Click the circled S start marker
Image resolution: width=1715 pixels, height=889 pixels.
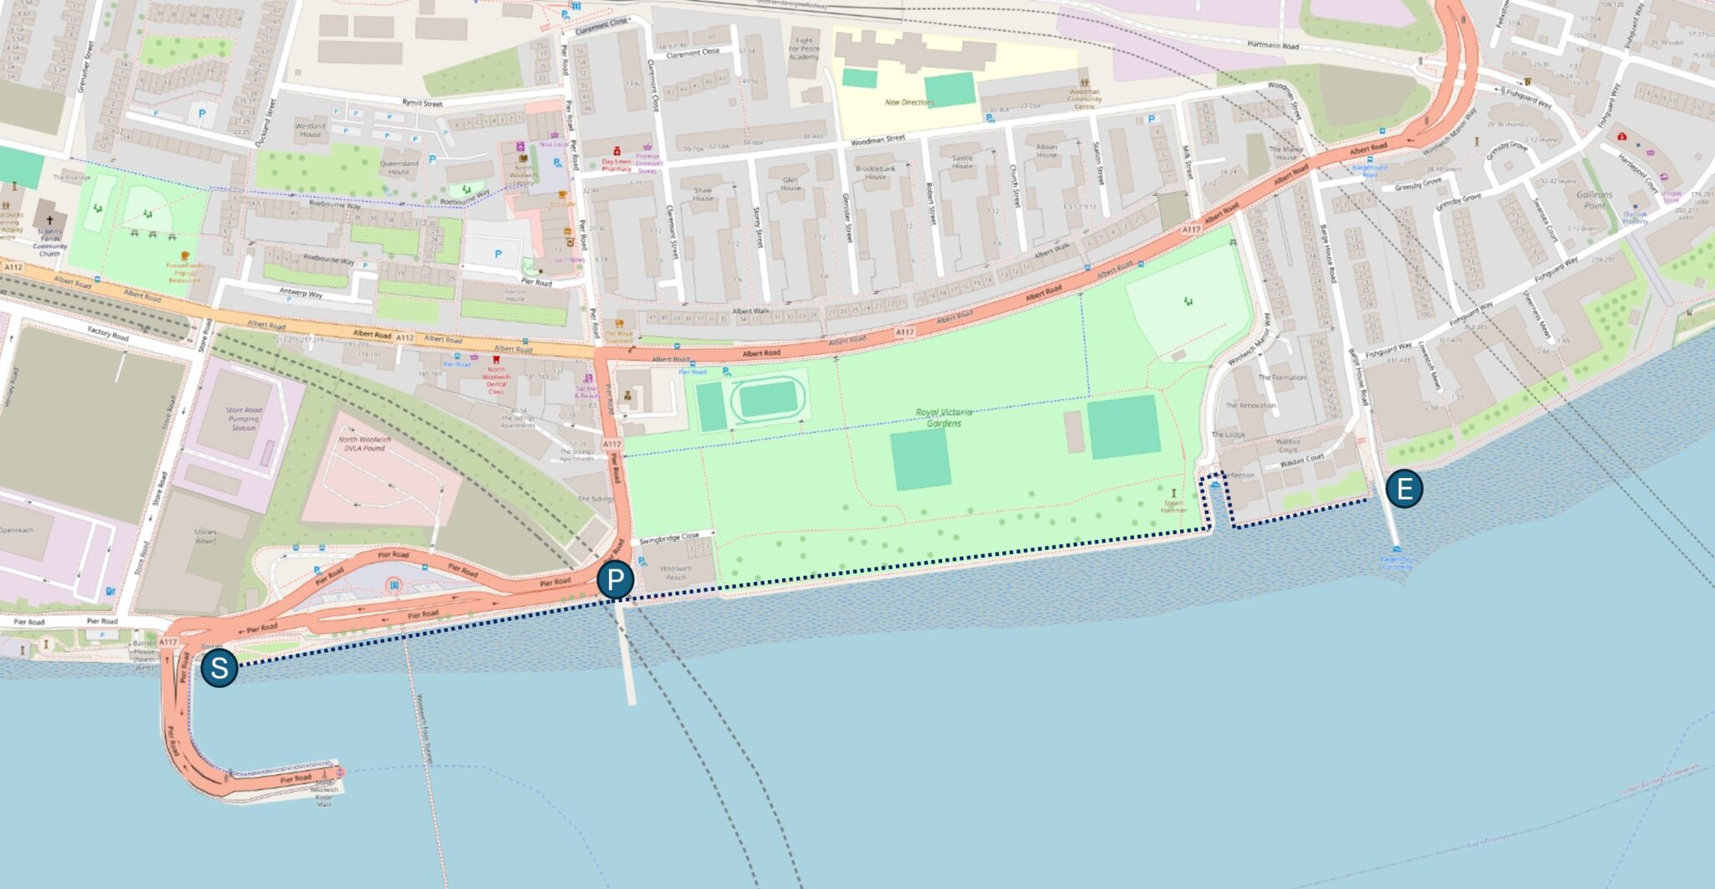pyautogui.click(x=219, y=669)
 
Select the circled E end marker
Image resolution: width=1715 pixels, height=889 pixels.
pyautogui.click(x=1404, y=489)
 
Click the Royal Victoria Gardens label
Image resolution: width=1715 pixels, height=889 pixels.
pyautogui.click(x=944, y=417)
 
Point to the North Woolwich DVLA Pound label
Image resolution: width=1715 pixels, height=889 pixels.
pyautogui.click(x=364, y=444)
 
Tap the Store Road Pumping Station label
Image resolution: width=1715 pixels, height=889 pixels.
pyautogui.click(x=244, y=419)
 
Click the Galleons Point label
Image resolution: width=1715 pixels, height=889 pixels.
pyautogui.click(x=1594, y=199)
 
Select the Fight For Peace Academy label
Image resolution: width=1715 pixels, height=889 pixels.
pyautogui.click(x=804, y=49)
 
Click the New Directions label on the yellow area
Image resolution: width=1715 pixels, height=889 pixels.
pyautogui.click(x=909, y=102)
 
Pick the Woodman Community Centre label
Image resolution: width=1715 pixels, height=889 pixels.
pyautogui.click(x=1084, y=99)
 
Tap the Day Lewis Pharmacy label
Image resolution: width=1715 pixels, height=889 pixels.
pyautogui.click(x=616, y=165)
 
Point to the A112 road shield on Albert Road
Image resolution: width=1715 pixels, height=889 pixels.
pyautogui.click(x=405, y=337)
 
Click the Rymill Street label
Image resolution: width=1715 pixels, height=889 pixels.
pyautogui.click(x=422, y=103)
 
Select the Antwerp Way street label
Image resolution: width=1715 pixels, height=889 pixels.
pyautogui.click(x=301, y=294)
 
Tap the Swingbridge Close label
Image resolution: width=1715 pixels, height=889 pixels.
pyautogui.click(x=667, y=537)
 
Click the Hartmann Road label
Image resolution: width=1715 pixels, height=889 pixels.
pyautogui.click(x=1273, y=45)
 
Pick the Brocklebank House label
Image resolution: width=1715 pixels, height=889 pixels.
pyautogui.click(x=876, y=172)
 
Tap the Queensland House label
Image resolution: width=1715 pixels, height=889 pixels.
pyautogui.click(x=399, y=167)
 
